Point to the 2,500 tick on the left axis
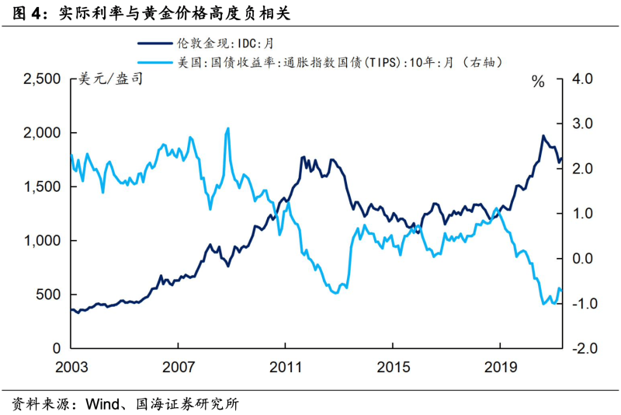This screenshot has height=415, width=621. pos(42,79)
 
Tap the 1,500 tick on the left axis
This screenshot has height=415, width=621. pos(42,187)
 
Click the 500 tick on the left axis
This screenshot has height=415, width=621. pos(49,295)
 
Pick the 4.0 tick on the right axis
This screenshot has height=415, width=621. pos(581,79)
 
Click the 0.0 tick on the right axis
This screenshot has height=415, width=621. pos(581,259)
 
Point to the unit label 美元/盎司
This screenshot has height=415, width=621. pos(111,79)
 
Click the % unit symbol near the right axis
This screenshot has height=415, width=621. pos(538,82)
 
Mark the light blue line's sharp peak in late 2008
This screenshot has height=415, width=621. pos(227,128)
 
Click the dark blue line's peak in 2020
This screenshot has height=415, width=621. pos(543,136)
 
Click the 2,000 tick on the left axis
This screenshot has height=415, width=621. pos(42,133)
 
